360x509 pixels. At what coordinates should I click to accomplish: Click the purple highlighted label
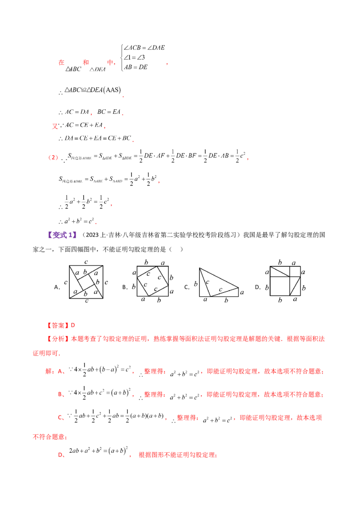tap(63, 235)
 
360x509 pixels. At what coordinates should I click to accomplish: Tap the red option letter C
tap(60, 417)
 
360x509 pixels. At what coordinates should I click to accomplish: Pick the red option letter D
tap(60, 455)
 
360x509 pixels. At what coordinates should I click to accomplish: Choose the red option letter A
tap(60, 371)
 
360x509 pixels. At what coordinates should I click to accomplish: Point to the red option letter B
tap(60, 394)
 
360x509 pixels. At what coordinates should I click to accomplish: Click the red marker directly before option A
tap(49, 371)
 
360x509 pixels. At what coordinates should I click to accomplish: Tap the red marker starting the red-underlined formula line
tap(53, 158)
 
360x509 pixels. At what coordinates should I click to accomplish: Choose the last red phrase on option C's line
tap(281, 417)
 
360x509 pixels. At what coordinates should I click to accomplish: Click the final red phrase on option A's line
tap(292, 371)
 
